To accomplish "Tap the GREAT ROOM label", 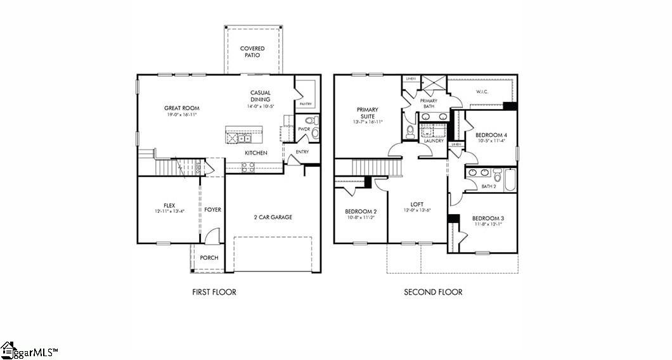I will (182, 108).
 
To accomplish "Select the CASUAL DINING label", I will (260, 96).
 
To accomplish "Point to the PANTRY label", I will (306, 103).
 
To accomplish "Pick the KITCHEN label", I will (256, 153).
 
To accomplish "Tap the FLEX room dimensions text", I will (169, 211).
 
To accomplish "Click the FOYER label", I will (213, 210).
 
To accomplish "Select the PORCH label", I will (209, 258).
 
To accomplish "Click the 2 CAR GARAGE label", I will (273, 217).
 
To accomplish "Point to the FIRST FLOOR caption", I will (214, 292).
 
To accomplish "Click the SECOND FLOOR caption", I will (433, 292).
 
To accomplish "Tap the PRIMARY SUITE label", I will (367, 113).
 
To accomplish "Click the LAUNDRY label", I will (434, 141).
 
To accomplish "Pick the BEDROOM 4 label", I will (491, 135).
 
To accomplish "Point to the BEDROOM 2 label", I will (361, 211).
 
